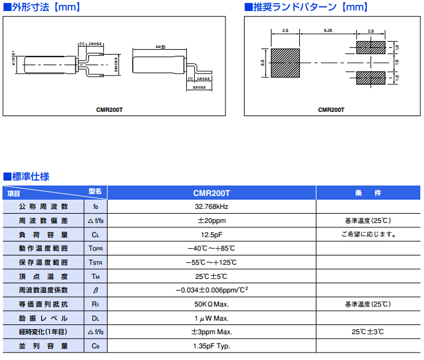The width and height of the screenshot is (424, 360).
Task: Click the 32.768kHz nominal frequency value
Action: coord(211,206)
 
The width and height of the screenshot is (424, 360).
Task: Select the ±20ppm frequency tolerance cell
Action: coord(211,221)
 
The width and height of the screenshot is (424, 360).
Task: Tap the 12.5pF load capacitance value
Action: coord(211,235)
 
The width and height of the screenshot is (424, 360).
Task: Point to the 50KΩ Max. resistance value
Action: coord(211,304)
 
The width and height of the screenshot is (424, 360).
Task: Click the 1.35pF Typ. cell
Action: coord(211,346)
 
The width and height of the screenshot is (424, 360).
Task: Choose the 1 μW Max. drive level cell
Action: coord(211,318)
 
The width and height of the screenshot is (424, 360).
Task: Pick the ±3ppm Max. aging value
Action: coord(211,332)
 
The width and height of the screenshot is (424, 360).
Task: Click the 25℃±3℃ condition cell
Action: coord(367,332)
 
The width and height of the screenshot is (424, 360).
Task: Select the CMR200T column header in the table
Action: coord(211,193)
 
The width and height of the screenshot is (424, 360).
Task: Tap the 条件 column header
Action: coord(367,193)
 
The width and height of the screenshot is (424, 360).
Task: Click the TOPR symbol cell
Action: coord(95,249)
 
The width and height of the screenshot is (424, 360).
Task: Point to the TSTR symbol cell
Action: coord(95,262)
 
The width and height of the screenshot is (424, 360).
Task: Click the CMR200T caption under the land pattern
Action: coord(331,110)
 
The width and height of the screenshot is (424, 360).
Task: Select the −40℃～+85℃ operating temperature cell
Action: coord(211,249)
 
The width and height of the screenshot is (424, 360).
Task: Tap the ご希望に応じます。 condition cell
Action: coord(367,235)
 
